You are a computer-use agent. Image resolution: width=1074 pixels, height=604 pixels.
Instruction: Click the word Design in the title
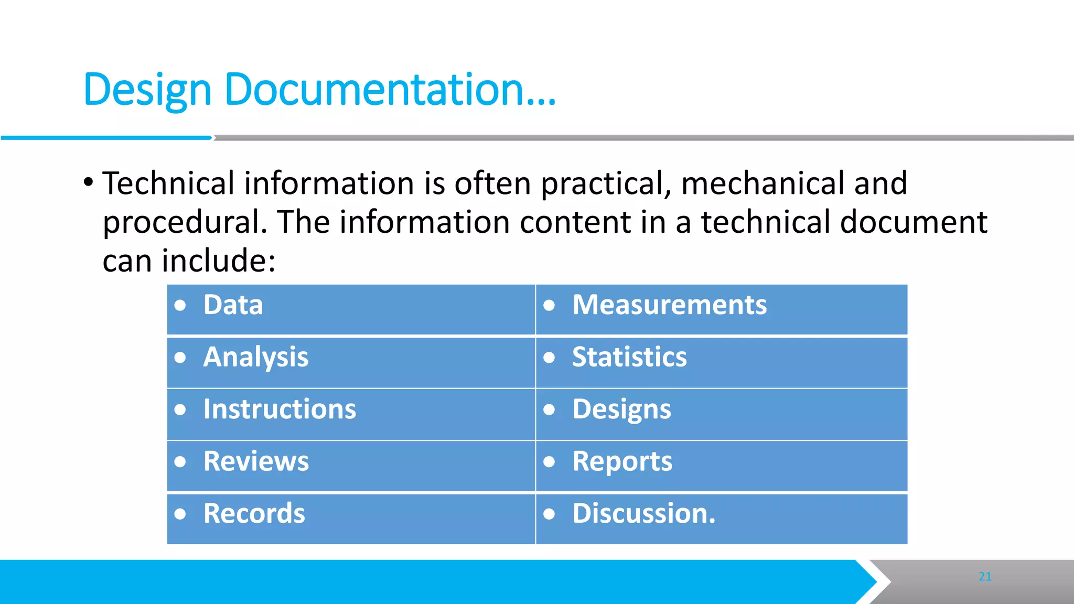147,90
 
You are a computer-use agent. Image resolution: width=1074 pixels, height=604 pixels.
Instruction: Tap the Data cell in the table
233,305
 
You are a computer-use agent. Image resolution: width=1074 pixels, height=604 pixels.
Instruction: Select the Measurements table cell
669,305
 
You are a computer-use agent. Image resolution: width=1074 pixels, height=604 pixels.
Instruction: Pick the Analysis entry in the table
256,358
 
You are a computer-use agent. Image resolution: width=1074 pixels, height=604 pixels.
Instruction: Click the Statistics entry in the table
629,358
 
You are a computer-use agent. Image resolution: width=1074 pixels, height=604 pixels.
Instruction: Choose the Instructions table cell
280,409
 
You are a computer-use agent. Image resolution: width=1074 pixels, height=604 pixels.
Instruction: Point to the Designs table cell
621,409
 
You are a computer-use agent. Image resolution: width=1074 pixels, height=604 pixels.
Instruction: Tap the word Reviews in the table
256,461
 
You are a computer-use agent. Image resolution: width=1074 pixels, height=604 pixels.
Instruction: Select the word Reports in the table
622,461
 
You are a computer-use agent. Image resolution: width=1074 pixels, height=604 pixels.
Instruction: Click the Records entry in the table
254,513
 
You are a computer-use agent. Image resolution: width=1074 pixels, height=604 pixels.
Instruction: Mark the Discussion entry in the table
643,513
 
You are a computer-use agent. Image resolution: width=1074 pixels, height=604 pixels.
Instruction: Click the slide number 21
985,577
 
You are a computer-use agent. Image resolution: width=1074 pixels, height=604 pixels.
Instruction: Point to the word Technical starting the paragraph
168,184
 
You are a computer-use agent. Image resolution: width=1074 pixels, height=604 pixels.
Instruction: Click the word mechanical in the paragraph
762,184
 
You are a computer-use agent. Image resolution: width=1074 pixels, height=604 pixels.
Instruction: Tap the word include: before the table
218,261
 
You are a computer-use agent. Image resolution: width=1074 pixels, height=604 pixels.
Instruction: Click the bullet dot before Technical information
88,183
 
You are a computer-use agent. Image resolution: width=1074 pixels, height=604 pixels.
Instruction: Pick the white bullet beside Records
180,514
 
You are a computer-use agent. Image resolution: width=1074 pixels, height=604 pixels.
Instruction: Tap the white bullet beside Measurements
549,305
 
